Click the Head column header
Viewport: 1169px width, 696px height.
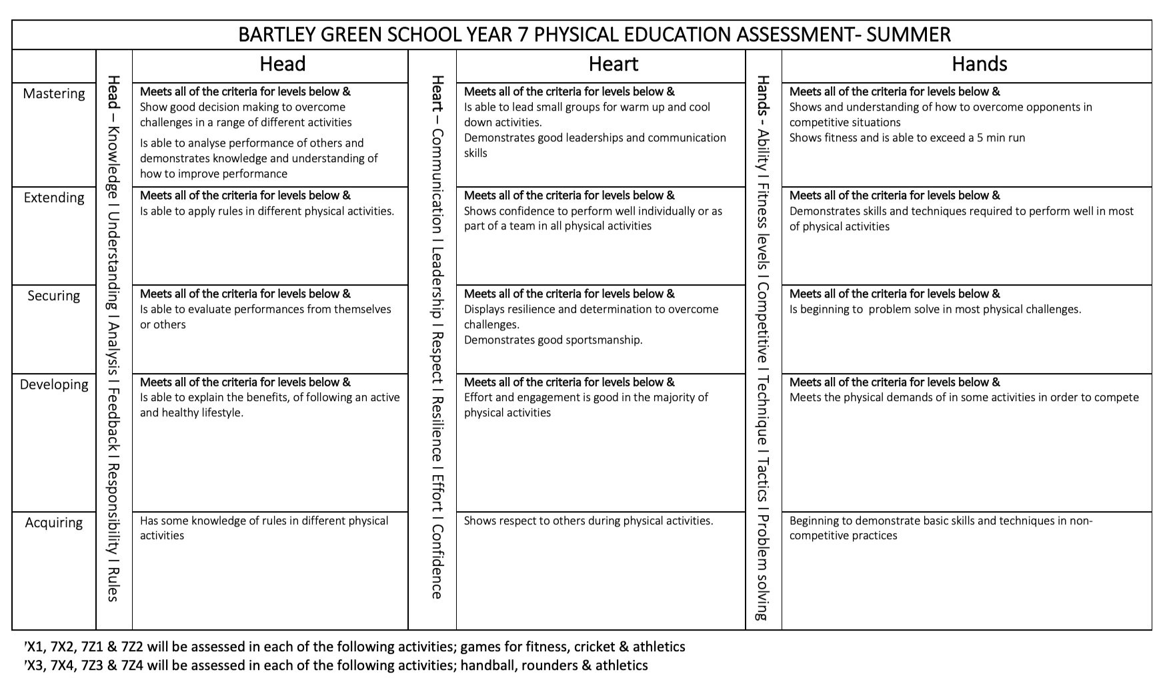[282, 64]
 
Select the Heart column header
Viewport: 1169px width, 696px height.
[613, 64]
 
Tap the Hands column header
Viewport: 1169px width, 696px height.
[978, 64]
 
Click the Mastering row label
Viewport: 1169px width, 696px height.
[54, 93]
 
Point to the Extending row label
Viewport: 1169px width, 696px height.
[54, 198]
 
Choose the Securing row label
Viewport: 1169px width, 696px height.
[54, 296]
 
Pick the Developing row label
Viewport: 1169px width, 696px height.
[54, 384]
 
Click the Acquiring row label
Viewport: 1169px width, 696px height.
[54, 523]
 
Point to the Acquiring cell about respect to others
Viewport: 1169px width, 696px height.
[588, 521]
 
